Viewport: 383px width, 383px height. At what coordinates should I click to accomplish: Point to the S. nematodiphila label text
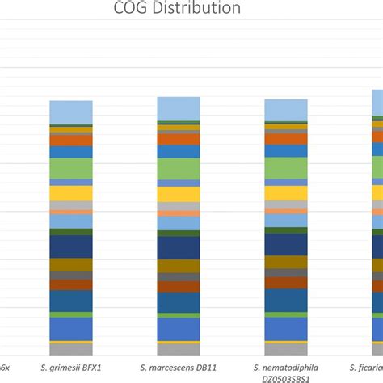(x=286, y=367)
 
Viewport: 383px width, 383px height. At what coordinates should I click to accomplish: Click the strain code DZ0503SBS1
(x=286, y=377)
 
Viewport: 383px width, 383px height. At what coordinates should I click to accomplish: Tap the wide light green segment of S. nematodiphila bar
(x=286, y=167)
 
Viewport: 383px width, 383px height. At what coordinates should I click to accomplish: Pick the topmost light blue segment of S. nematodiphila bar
(x=286, y=110)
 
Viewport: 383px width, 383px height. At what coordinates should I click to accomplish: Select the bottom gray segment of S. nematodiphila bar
(x=286, y=350)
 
